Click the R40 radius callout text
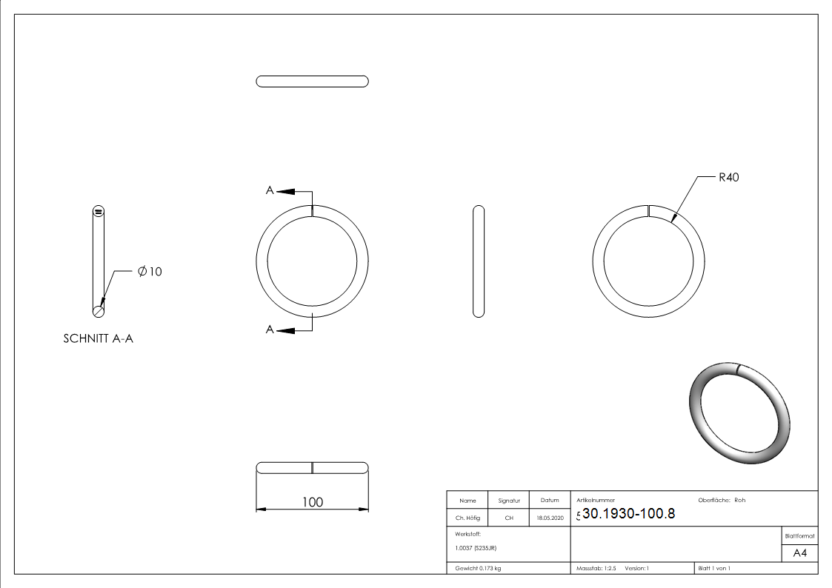tap(728, 177)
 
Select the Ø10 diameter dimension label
tap(150, 272)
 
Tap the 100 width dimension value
tap(313, 502)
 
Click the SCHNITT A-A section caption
tap(99, 339)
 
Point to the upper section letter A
tap(270, 190)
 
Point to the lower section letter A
tap(270, 330)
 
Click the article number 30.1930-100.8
tap(628, 514)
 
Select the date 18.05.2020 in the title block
tap(550, 518)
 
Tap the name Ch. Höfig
tap(467, 518)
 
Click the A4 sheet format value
tap(799, 553)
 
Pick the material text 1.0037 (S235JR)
tap(476, 548)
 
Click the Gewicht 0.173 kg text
tap(478, 568)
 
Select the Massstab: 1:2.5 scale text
tap(596, 568)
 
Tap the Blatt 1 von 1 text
tap(714, 568)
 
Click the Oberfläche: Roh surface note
tap(722, 500)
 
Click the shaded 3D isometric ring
tap(739, 413)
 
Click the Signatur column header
tap(509, 501)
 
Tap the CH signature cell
tap(509, 518)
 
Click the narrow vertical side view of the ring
tap(478, 261)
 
